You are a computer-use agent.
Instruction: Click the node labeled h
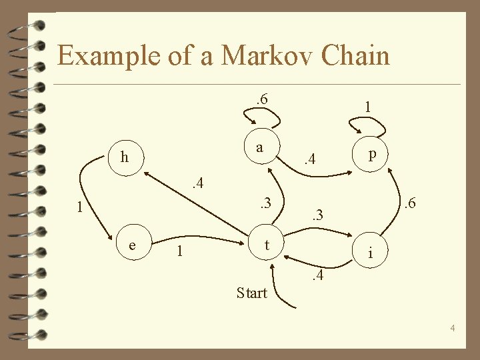point(124,158)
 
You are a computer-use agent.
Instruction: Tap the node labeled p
point(372,154)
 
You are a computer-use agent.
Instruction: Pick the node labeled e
point(133,245)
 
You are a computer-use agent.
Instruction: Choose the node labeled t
point(267,245)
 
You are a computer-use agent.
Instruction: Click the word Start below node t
point(251,293)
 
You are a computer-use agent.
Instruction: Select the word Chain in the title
point(355,55)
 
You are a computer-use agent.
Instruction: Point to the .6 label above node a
point(261,99)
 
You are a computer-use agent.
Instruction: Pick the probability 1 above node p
point(367,106)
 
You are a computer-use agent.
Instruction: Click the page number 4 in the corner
point(452,328)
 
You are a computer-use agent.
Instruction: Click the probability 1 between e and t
point(178,251)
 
